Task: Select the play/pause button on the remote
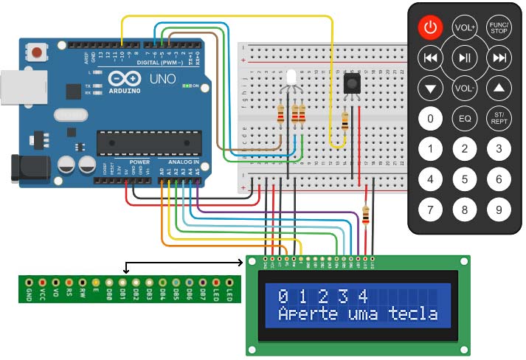pos(465,57)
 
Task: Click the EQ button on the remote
pos(465,118)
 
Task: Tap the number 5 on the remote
pos(465,179)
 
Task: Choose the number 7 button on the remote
pos(430,210)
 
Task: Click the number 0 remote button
pos(430,118)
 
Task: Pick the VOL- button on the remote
pos(465,88)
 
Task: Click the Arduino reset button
pos(35,52)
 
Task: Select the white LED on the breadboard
pos(290,78)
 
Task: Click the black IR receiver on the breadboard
pos(353,83)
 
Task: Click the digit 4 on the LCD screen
pos(361,297)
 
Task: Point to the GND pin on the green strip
pos(28,283)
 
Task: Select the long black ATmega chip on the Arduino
pos(150,143)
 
